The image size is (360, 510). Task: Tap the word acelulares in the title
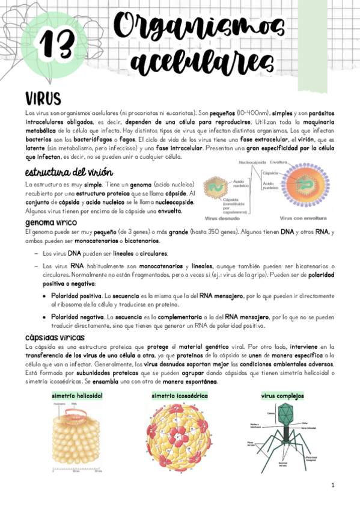[x=198, y=62]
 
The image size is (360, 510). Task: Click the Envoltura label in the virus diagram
[x=278, y=162]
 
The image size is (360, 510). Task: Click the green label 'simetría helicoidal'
[x=78, y=396]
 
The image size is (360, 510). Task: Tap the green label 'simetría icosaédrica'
[x=180, y=396]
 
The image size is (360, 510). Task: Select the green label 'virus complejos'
[x=282, y=396]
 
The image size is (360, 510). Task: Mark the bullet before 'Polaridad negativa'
[x=45, y=316]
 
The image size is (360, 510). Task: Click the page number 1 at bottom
[x=332, y=485]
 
